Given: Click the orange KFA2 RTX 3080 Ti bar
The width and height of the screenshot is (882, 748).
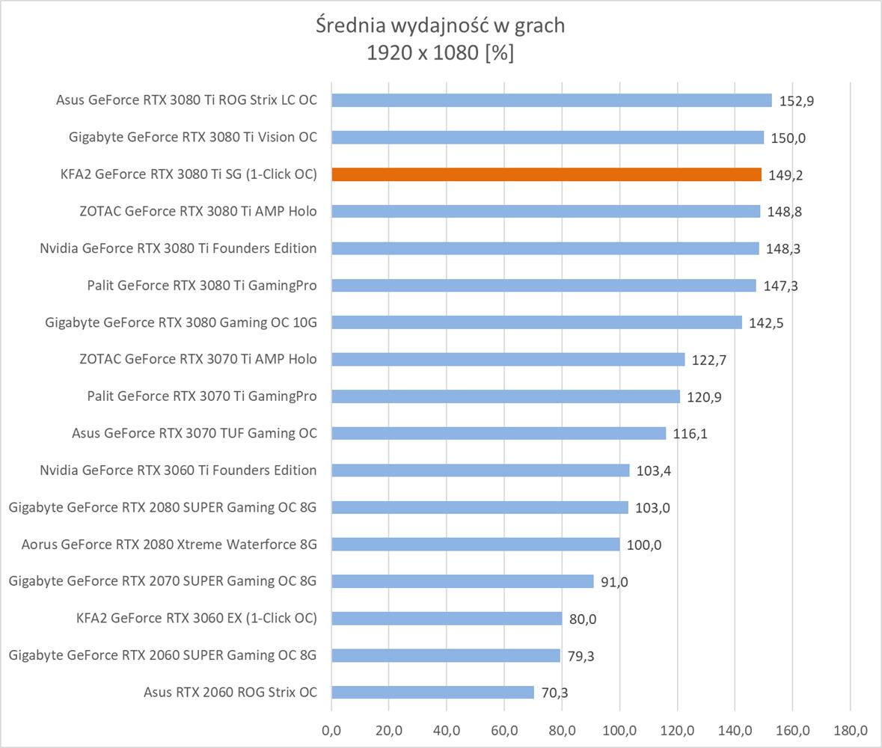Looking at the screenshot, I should point(546,174).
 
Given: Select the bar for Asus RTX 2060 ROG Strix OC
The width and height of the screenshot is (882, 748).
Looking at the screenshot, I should point(432,692).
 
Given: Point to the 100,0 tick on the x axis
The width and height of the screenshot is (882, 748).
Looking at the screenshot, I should point(619,729).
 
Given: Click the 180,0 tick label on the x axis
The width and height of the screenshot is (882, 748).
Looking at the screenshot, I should point(850,729).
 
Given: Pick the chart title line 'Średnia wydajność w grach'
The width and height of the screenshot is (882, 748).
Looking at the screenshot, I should point(440,25).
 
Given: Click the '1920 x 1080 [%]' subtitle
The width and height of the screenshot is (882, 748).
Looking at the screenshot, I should point(440,53).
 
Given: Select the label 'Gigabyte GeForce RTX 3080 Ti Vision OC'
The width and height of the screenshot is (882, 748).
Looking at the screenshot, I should point(192,137).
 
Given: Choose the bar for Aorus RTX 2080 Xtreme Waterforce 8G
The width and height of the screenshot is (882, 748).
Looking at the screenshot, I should point(475,544).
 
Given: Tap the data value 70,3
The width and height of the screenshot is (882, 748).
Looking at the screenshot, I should point(554,693).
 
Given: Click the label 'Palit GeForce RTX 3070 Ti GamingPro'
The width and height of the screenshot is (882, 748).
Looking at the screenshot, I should point(201,396).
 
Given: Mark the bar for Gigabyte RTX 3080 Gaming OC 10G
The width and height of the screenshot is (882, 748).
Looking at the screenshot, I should point(536,322).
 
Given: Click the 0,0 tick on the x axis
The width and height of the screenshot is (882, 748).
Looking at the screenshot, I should point(331,729).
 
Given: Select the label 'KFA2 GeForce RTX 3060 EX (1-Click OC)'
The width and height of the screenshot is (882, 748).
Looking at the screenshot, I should point(196,618).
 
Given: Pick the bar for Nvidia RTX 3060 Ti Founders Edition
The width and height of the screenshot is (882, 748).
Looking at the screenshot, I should point(480,470).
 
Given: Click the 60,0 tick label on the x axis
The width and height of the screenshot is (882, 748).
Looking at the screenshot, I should point(504,729).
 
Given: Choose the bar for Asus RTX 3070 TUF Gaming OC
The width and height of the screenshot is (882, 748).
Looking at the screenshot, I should point(498,433).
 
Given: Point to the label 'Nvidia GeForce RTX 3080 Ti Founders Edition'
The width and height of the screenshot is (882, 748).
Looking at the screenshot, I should point(178,248).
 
